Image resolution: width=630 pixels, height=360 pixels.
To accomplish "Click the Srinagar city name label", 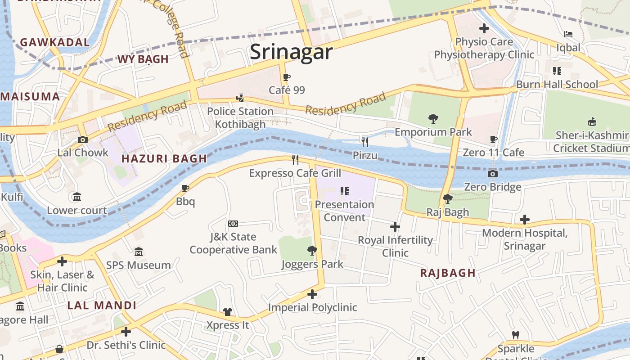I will point(291,52).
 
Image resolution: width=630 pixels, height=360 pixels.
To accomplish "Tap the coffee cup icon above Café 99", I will point(287,77).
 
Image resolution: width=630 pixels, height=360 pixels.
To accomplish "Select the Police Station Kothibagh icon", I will point(240,98).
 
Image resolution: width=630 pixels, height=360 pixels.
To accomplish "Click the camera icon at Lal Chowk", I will point(82,139).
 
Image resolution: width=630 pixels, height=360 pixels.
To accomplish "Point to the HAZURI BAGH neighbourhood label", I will point(164,158).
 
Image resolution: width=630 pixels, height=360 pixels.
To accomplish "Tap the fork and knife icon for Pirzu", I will point(365,142).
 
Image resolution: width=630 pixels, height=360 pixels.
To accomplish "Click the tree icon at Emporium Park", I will point(433,119).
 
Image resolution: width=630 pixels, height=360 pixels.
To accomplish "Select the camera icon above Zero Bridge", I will point(493,174).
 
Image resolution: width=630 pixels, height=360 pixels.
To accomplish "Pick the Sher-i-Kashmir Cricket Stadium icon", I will point(592,122).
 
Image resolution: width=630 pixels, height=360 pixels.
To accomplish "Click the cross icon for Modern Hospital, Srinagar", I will point(524,220).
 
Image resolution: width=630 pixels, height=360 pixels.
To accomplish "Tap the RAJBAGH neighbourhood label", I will point(448,273).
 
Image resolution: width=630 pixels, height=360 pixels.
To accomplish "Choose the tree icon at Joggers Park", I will point(312,251).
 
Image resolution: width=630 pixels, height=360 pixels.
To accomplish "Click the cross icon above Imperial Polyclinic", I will point(312,294).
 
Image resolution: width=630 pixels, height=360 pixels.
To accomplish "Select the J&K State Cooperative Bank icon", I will point(233,224).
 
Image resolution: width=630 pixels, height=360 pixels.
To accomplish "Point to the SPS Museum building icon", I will point(138,252).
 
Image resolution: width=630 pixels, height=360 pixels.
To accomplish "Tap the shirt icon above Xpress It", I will point(228,312).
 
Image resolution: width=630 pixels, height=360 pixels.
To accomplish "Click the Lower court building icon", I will point(77,197).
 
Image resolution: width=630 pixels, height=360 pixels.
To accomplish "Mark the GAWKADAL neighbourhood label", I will point(55,42).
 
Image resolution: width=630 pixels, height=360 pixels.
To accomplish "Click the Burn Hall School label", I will point(557,84).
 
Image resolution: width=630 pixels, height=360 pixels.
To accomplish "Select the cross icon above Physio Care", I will point(484,29).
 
